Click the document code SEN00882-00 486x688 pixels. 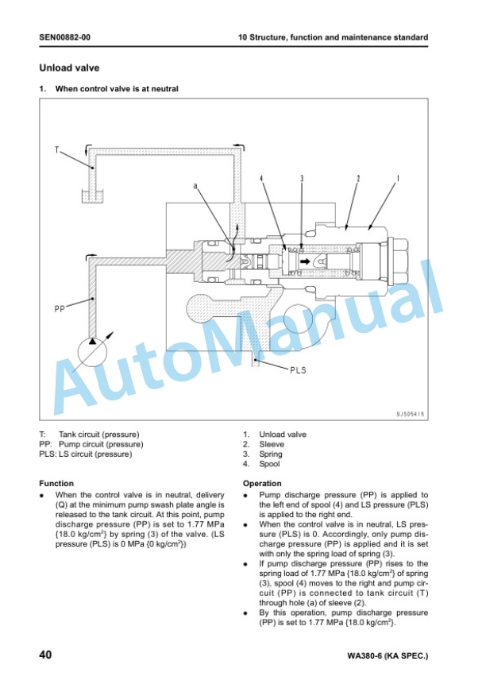(x=65, y=37)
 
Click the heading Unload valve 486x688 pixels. (x=69, y=68)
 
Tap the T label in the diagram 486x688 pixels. (x=56, y=150)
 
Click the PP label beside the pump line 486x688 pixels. (x=60, y=309)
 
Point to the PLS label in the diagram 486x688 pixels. (x=298, y=370)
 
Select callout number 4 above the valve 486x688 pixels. (x=261, y=179)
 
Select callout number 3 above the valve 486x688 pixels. (x=302, y=179)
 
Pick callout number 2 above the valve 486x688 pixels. (x=358, y=179)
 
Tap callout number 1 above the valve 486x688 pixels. (x=398, y=179)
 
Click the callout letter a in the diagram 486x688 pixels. (x=195, y=187)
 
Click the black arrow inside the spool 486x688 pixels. (x=305, y=262)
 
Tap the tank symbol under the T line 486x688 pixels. (x=92, y=196)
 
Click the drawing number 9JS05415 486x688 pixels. (x=411, y=414)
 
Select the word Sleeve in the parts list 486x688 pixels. (x=272, y=444)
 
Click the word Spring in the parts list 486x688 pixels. (x=271, y=454)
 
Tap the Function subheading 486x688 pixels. (x=56, y=484)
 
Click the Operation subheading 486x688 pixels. (x=262, y=484)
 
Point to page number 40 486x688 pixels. (x=45, y=655)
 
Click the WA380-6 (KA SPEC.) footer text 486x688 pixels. (x=388, y=656)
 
